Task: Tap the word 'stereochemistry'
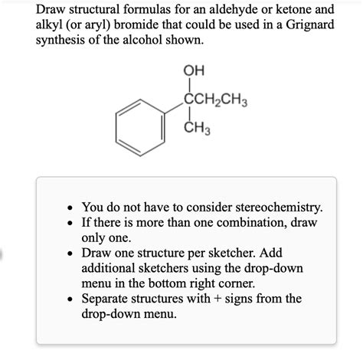[273, 207]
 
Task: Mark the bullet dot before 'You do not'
[70, 208]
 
